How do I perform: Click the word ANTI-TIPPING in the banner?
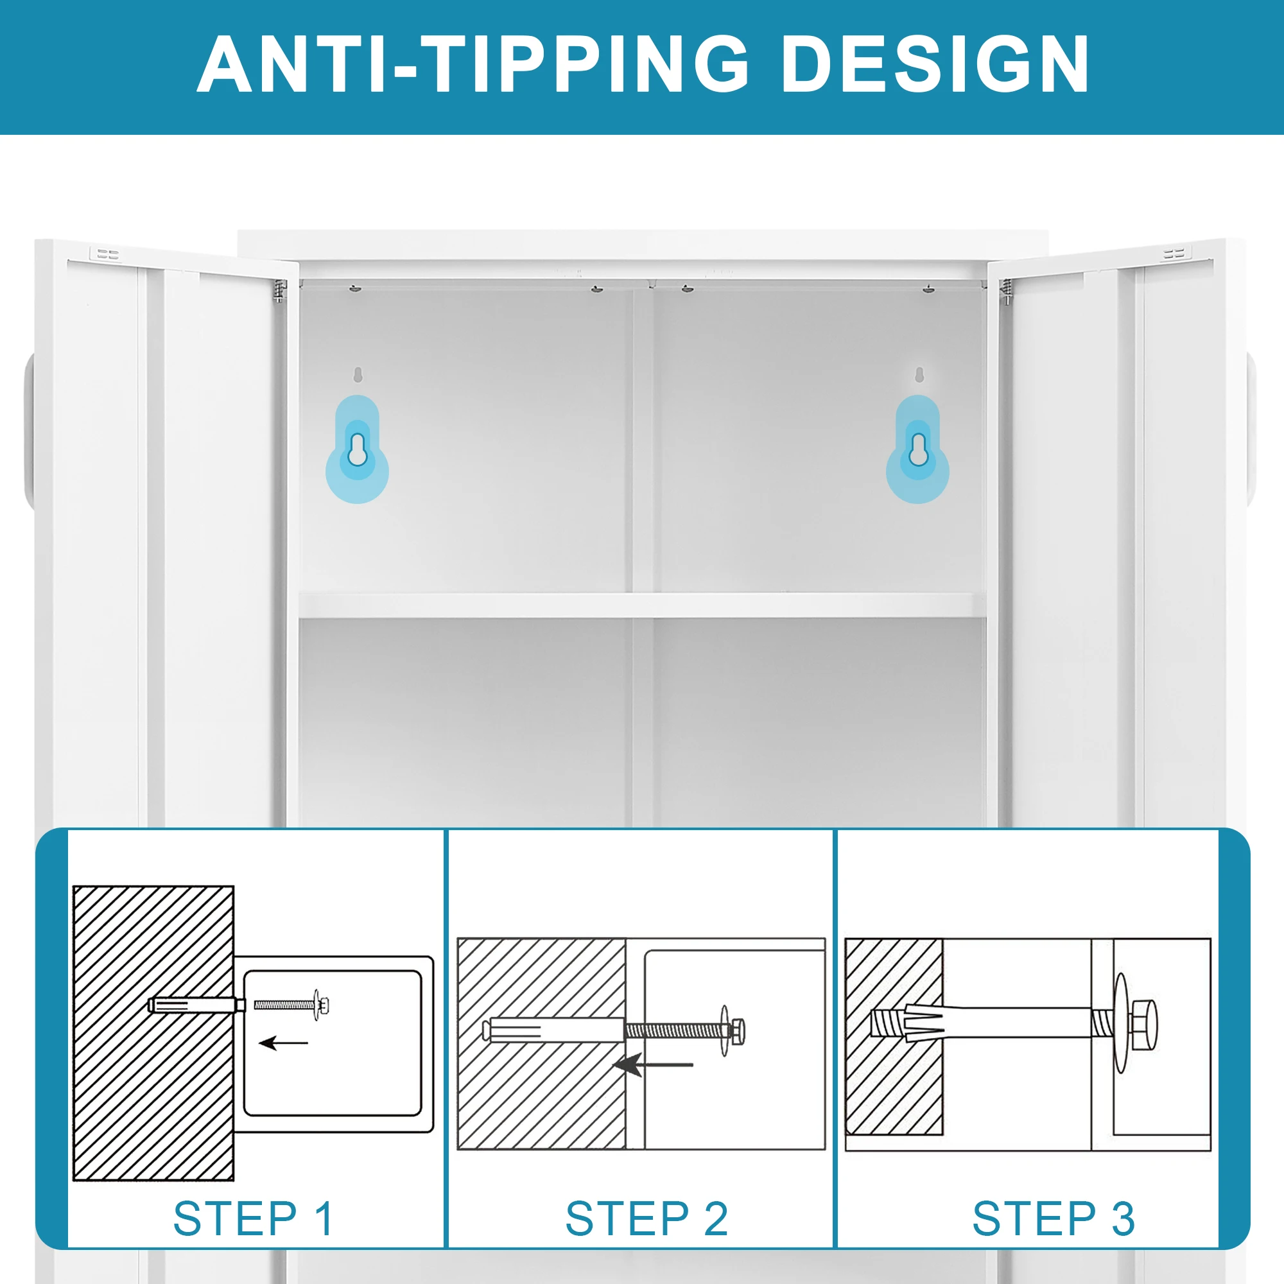pyautogui.click(x=473, y=64)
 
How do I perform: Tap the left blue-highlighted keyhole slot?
pyautogui.click(x=358, y=449)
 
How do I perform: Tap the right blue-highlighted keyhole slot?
pyautogui.click(x=918, y=449)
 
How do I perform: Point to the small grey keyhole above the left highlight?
pyautogui.click(x=358, y=375)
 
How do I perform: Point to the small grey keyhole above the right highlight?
pyautogui.click(x=919, y=375)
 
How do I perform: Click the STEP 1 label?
pyautogui.click(x=253, y=1219)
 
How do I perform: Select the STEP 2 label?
pyautogui.click(x=646, y=1219)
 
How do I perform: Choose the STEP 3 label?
pyautogui.click(x=1054, y=1219)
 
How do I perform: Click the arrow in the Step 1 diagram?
pyautogui.click(x=283, y=1043)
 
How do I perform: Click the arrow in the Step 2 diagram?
pyautogui.click(x=653, y=1064)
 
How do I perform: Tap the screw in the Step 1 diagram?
pyautogui.click(x=291, y=1004)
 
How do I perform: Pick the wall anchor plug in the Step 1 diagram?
pyautogui.click(x=196, y=1004)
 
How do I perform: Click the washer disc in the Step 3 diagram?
pyautogui.click(x=1121, y=1023)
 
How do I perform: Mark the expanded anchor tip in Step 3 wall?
pyautogui.click(x=907, y=1024)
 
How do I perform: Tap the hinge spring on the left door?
pyautogui.click(x=280, y=291)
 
